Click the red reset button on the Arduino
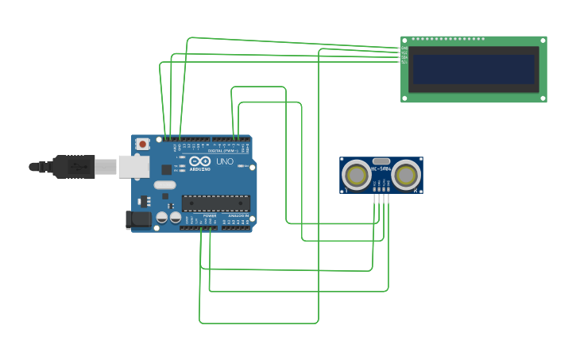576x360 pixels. tap(142, 144)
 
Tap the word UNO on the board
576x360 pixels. tap(225, 162)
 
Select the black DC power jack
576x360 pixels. tap(139, 219)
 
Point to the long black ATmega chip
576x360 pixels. tap(216, 203)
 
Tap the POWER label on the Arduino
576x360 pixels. tap(209, 215)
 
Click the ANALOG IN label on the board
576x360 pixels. tap(238, 215)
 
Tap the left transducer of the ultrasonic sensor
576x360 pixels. tap(356, 175)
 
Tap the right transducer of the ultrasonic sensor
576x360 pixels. tap(406, 175)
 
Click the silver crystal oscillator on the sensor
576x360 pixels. tap(381, 161)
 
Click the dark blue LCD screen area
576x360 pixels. tap(474, 69)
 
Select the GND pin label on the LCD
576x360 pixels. tap(404, 48)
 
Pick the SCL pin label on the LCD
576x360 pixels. tap(404, 62)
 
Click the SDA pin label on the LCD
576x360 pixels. tap(404, 57)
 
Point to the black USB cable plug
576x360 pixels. tap(75, 167)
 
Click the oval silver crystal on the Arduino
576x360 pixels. tap(164, 185)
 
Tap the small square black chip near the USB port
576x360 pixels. tap(166, 169)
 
